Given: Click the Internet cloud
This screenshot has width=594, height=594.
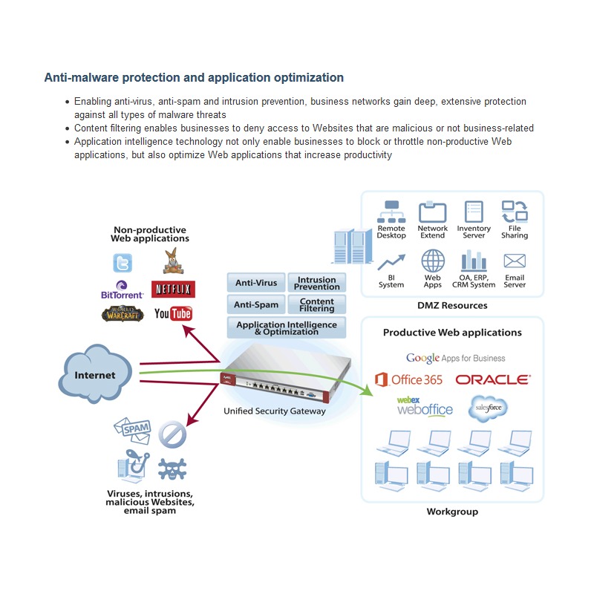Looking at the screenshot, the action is coord(95,373).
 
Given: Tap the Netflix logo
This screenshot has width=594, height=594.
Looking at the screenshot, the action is coord(173,290).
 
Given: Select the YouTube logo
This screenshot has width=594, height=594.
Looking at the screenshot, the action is coord(173,313).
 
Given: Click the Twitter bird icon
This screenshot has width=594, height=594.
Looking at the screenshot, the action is coord(123,263).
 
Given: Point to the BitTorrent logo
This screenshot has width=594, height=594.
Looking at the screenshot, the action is coord(122,290).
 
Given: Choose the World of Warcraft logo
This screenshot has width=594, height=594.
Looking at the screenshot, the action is coord(123,314).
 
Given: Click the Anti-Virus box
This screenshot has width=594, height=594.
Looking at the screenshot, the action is coord(256,283).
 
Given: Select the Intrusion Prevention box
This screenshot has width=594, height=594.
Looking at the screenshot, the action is coord(317,283).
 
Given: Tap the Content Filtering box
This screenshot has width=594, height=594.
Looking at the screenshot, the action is coord(317,304).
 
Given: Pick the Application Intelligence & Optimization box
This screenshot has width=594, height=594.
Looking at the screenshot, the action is coord(287,327).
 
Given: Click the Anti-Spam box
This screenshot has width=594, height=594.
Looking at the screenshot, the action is coord(256,304).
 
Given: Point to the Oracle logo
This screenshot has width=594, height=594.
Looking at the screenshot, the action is coord(493,379).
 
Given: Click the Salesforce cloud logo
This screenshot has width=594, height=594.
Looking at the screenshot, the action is coord(488,408).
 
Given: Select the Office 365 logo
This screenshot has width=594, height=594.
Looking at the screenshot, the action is coord(409,379).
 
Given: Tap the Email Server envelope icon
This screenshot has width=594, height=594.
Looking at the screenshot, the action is coord(515,261).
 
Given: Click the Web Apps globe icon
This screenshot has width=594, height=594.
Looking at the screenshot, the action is coord(433,261).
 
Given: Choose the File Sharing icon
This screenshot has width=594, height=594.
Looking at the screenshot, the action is coord(515,212).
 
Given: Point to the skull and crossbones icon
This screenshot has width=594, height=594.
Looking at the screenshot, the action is coord(172,469).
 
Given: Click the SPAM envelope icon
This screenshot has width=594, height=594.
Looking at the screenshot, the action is coord(132,431).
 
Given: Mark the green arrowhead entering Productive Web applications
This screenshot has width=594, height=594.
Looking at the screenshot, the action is coord(366,391).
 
